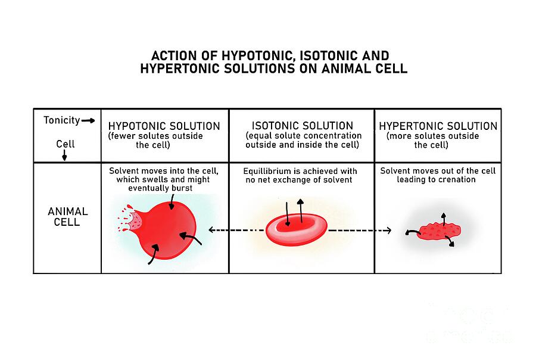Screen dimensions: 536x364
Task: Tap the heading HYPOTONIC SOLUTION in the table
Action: (164, 126)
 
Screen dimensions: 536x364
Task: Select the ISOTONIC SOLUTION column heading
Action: (302, 126)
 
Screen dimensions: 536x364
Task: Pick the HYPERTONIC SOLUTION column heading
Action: (438, 126)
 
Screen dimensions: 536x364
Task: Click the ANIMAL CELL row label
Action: (68, 216)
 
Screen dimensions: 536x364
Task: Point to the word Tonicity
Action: (61, 120)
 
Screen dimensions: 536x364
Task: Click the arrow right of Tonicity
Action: (88, 120)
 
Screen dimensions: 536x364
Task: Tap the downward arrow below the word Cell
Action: (64, 155)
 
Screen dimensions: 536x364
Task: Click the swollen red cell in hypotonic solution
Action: (164, 230)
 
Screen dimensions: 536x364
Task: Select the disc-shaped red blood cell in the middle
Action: (297, 229)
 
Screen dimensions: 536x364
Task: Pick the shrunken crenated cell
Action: (440, 232)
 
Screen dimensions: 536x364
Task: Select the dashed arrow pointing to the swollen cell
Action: (236, 230)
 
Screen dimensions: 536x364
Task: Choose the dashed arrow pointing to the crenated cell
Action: (360, 230)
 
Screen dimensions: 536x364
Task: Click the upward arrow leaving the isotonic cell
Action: (301, 210)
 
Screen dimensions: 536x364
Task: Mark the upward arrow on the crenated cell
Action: (443, 219)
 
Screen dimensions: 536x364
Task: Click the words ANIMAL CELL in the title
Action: (364, 69)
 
